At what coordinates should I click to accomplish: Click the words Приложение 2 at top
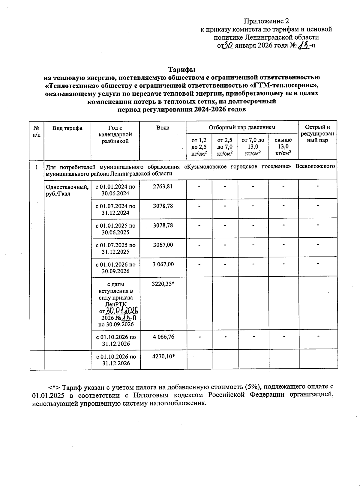pyautogui.click(x=266, y=21)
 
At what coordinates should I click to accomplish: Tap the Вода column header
pyautogui.click(x=163, y=128)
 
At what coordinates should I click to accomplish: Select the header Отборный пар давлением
pyautogui.click(x=242, y=127)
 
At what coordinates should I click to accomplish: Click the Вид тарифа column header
pyautogui.click(x=67, y=128)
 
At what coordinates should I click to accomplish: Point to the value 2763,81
pyautogui.click(x=163, y=186)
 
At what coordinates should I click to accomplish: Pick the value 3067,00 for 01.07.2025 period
pyautogui.click(x=163, y=245)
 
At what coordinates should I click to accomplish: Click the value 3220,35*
pyautogui.click(x=164, y=284)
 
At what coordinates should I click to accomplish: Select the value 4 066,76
pyautogui.click(x=163, y=337)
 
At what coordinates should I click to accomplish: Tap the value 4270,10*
pyautogui.click(x=164, y=356)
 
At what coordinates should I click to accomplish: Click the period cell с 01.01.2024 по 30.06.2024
pyautogui.click(x=115, y=190)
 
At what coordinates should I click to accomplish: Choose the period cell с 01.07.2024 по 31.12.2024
pyautogui.click(x=115, y=209)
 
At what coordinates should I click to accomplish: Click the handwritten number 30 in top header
pyautogui.click(x=229, y=46)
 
